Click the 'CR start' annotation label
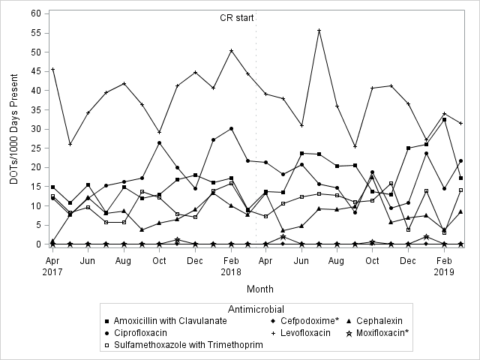pos(236,17)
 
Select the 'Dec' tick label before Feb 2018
pos(195,260)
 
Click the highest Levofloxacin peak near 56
pos(319,31)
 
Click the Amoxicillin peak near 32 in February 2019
pos(445,120)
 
